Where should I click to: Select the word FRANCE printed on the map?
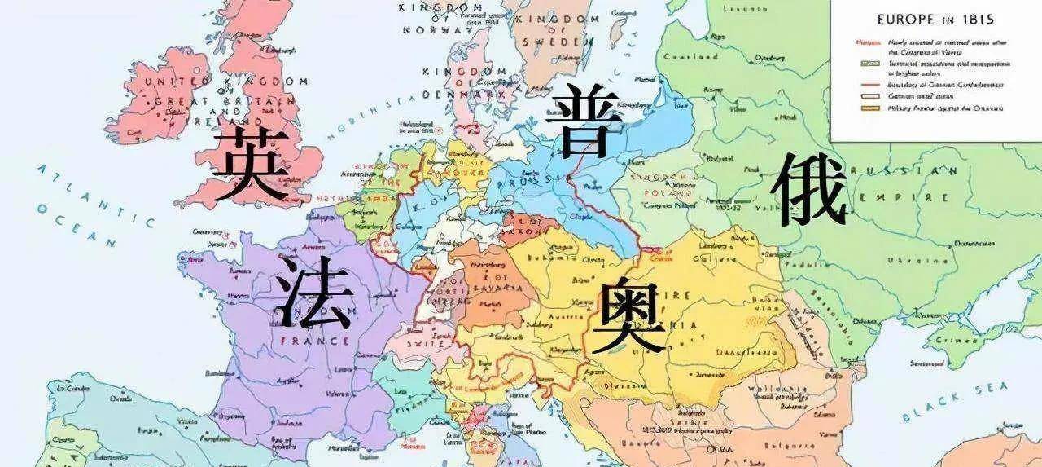303,340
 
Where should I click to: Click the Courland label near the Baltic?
690,57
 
